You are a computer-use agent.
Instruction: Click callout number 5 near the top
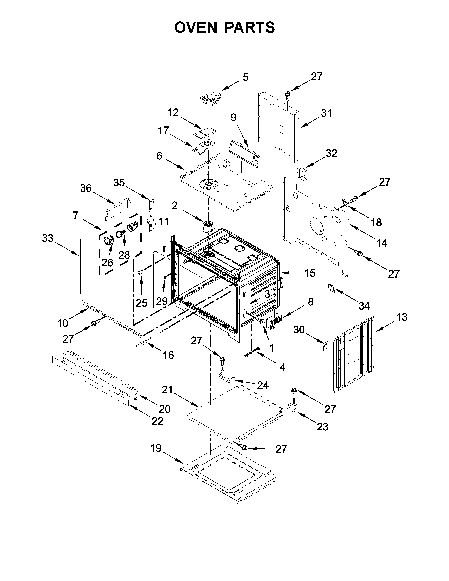(245, 77)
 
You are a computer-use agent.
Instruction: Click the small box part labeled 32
(302, 173)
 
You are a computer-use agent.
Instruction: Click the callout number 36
(86, 188)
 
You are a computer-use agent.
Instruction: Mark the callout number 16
(168, 355)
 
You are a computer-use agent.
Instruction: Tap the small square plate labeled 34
(331, 287)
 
